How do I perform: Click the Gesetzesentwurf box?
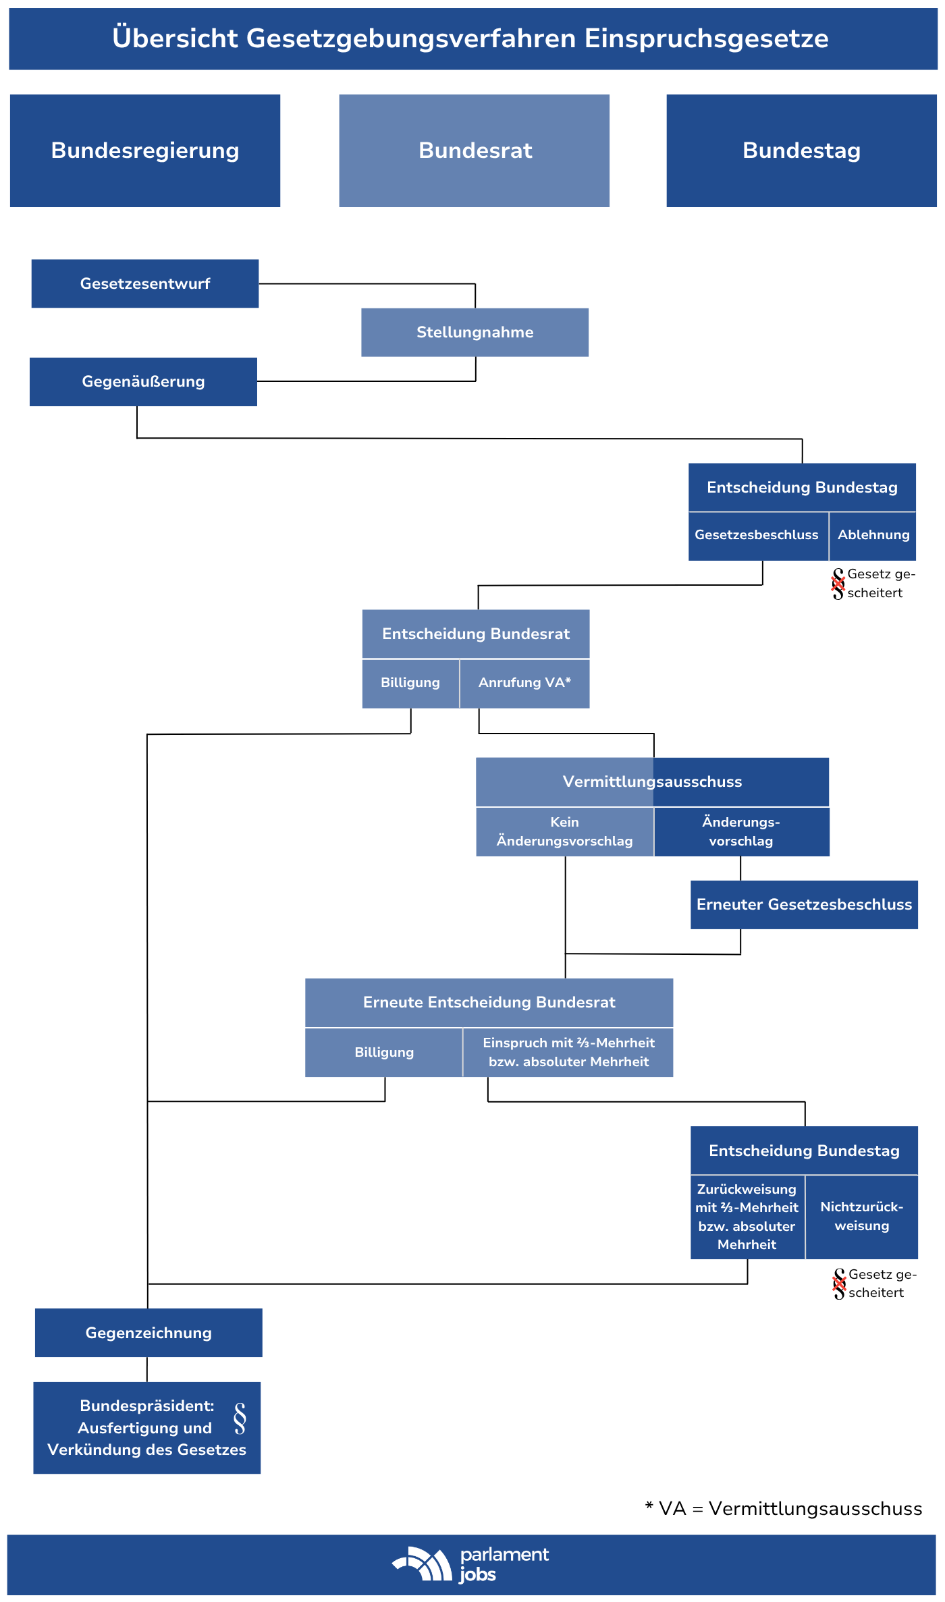tap(145, 283)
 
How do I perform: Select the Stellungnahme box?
tap(475, 332)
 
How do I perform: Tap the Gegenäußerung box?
tap(143, 381)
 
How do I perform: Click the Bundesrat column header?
tap(474, 150)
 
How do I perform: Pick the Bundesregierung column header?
tap(145, 150)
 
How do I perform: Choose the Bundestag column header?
tap(801, 150)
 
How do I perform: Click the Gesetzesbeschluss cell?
tap(758, 536)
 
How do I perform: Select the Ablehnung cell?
tap(873, 536)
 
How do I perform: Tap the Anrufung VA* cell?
tap(524, 683)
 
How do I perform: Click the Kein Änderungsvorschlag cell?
tap(564, 831)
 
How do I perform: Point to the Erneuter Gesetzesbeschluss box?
tap(804, 904)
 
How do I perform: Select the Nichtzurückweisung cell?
tap(862, 1217)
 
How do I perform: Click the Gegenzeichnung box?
tap(148, 1333)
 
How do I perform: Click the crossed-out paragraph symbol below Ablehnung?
tap(838, 584)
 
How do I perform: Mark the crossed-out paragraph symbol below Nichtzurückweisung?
tap(839, 1283)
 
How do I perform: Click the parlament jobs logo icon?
tap(423, 1564)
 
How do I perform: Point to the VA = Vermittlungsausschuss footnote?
tap(784, 1509)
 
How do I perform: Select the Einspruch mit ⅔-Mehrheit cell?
tap(568, 1052)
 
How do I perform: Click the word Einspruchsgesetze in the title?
tap(706, 38)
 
